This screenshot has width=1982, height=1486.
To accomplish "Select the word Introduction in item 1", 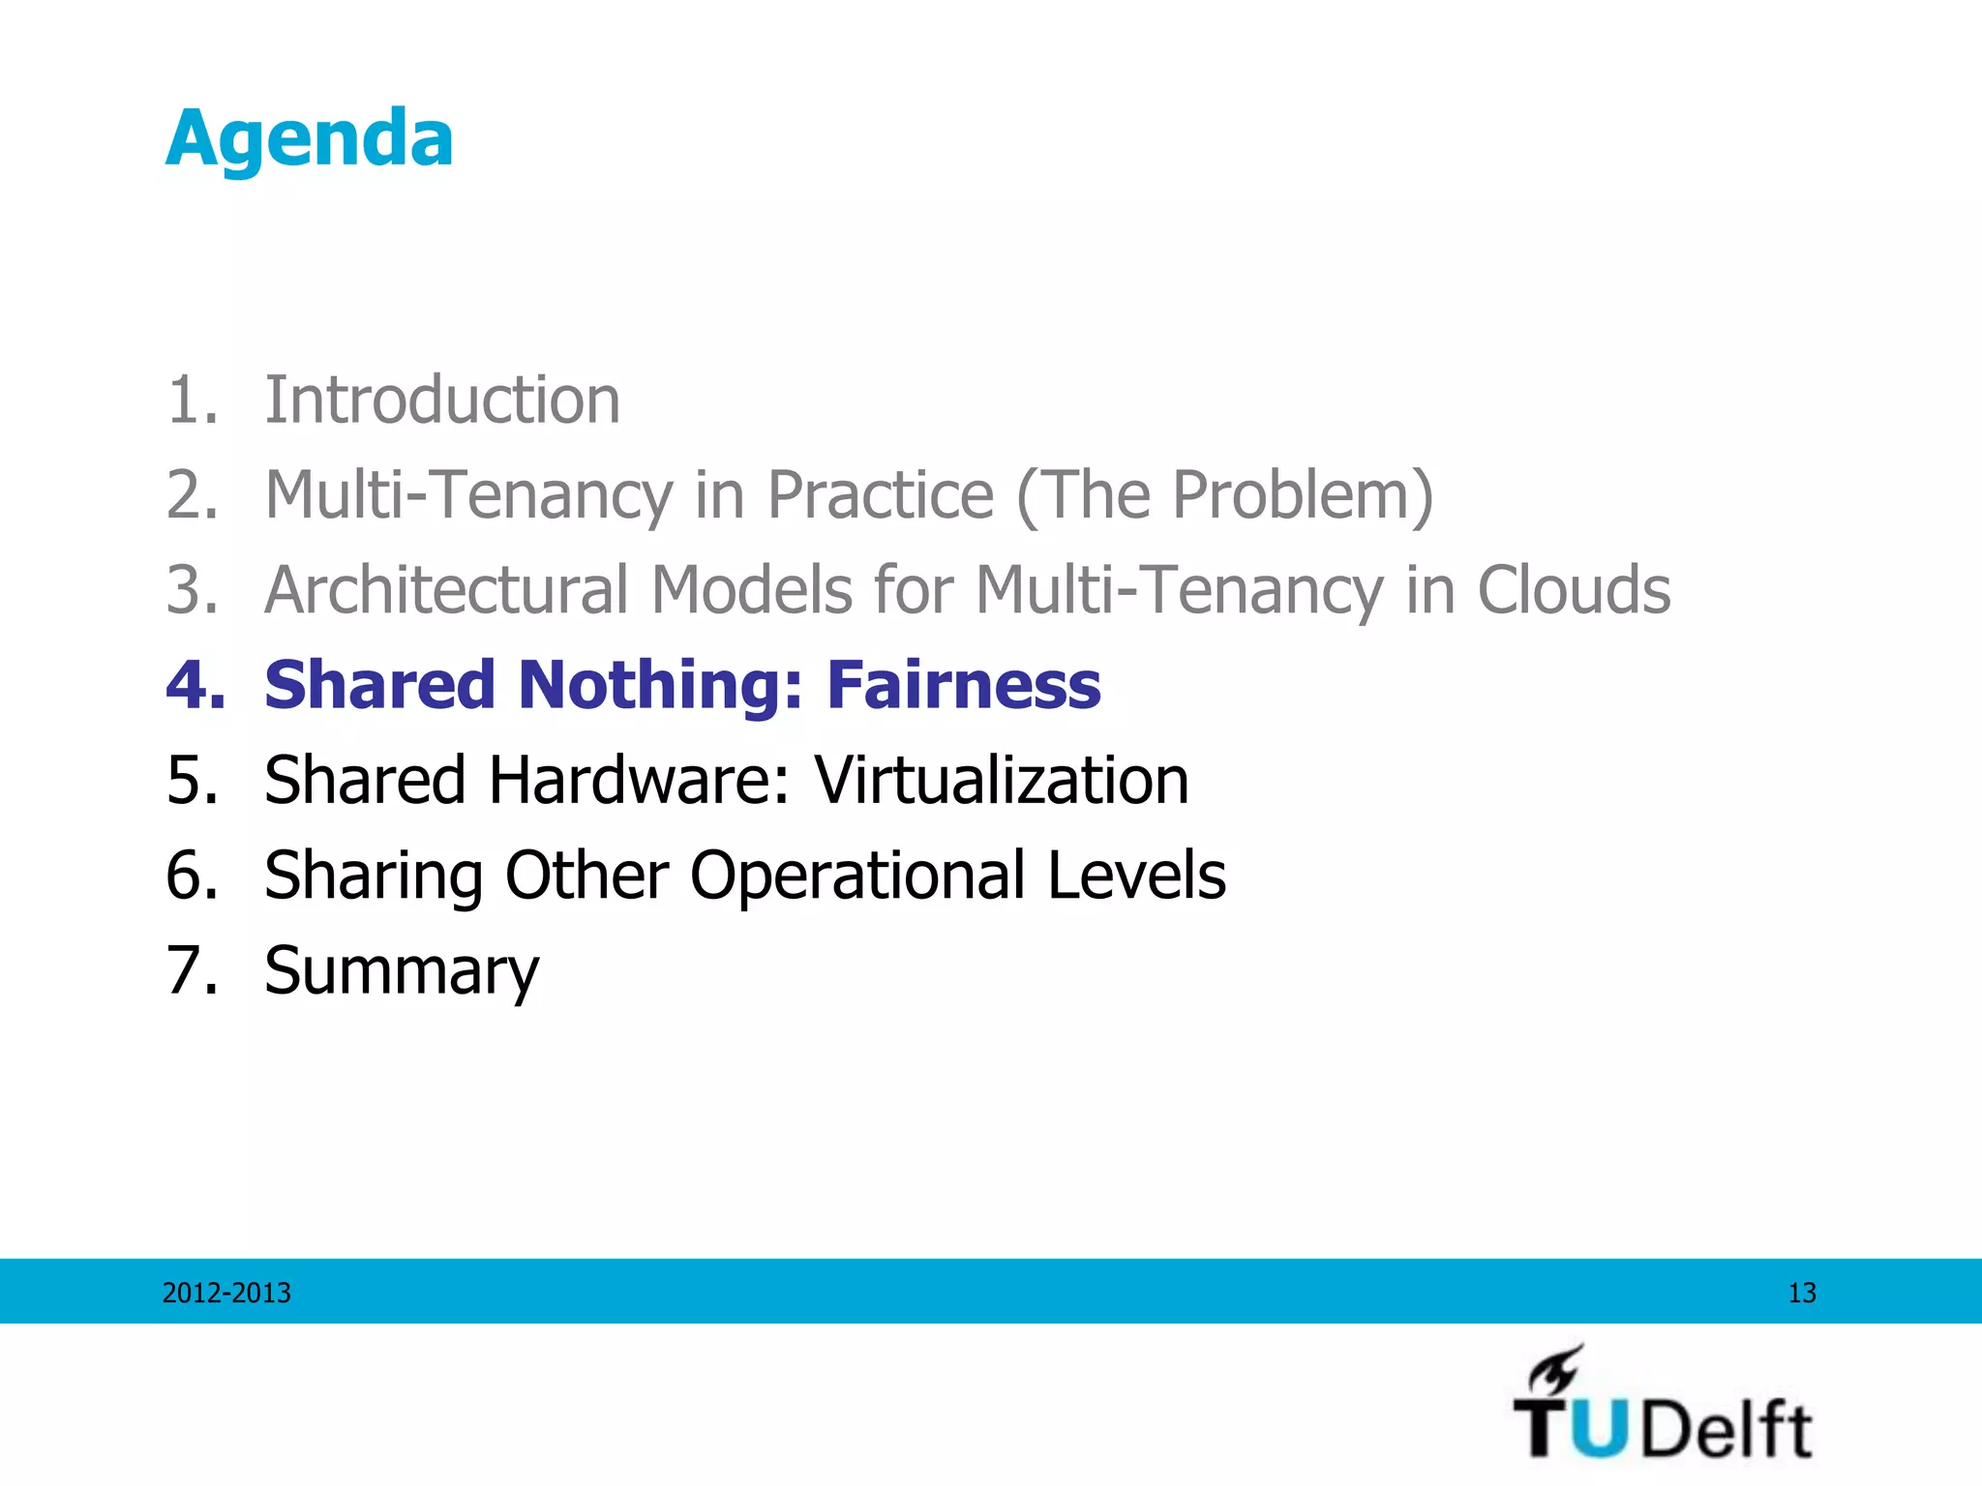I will (x=442, y=400).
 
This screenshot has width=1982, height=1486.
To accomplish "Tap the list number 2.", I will (x=191, y=494).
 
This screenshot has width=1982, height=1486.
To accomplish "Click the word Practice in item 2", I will (x=880, y=494).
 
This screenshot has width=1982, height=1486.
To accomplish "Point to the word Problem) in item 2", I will (x=1303, y=494).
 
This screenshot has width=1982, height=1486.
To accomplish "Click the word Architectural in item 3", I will (x=446, y=589).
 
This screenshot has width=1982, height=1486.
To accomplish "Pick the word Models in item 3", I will (x=751, y=589).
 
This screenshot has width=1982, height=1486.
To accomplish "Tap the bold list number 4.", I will (x=195, y=684).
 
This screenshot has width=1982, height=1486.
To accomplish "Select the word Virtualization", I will (x=1001, y=779).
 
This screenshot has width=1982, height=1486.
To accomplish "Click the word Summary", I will (x=402, y=971).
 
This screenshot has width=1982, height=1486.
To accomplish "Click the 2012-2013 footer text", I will (x=226, y=1293).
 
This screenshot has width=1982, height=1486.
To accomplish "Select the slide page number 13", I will (x=1801, y=1293).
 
